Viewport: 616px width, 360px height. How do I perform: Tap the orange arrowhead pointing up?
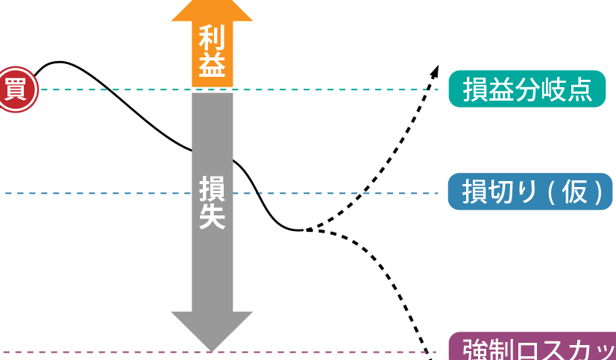pos(212,11)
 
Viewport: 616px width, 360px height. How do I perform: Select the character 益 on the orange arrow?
pos(212,67)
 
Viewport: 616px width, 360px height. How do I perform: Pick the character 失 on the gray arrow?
pos(212,217)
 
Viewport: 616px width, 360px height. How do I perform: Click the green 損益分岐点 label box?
pos(527,89)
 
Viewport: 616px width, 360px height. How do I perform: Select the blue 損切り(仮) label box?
pos(529,192)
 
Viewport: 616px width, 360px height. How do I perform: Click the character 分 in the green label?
pos(527,89)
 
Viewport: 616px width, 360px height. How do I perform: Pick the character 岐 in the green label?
pos(553,89)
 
